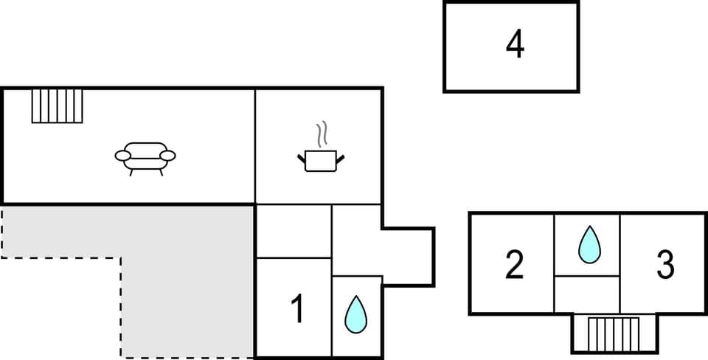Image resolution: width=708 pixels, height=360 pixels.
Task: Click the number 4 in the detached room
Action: [x=515, y=45]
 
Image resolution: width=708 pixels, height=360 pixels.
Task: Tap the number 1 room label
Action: [x=297, y=309]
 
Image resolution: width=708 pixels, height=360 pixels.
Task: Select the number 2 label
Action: [x=514, y=265]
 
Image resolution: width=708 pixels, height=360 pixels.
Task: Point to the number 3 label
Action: [x=665, y=265]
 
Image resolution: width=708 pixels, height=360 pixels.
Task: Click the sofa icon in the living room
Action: [x=145, y=157]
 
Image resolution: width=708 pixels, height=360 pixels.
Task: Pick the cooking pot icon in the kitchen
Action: [x=321, y=160]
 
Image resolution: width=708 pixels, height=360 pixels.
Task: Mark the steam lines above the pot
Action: [x=322, y=135]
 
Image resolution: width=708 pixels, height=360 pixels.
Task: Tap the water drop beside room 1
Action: [x=356, y=314]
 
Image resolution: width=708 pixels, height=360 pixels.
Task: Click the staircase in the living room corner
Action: [x=58, y=105]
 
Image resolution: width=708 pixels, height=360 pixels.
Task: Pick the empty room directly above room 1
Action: [x=293, y=232]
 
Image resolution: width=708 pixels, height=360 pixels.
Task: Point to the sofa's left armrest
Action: [x=122, y=155]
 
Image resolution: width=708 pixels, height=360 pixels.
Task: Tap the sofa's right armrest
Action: [x=168, y=155]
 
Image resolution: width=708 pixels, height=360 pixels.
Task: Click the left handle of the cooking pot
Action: [x=302, y=157]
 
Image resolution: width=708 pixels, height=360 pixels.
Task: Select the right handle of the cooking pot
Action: [x=340, y=157]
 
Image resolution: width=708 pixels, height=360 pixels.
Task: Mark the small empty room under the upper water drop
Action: [x=587, y=294]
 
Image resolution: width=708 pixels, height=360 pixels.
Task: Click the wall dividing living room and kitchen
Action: [x=255, y=146]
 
